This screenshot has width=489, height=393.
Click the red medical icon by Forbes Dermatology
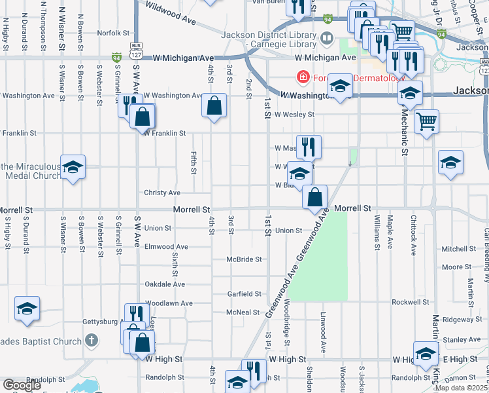click(x=303, y=78)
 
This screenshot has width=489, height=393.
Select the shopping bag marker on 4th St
click(x=214, y=105)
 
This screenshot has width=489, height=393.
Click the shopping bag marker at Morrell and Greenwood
click(x=315, y=196)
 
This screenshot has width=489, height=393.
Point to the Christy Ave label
click(x=162, y=193)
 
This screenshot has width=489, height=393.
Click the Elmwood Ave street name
click(x=166, y=247)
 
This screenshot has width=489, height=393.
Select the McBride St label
click(x=244, y=259)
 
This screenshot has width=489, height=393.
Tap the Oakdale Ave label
click(x=165, y=284)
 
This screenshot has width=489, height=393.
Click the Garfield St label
click(x=244, y=294)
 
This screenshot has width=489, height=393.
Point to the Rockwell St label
click(x=410, y=302)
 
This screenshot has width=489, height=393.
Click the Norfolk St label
click(x=114, y=32)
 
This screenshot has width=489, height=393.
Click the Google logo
click(x=21, y=385)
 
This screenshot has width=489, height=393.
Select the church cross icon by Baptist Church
click(x=92, y=341)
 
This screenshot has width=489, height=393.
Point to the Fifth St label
click(x=194, y=163)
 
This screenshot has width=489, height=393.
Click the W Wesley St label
click(x=294, y=114)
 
